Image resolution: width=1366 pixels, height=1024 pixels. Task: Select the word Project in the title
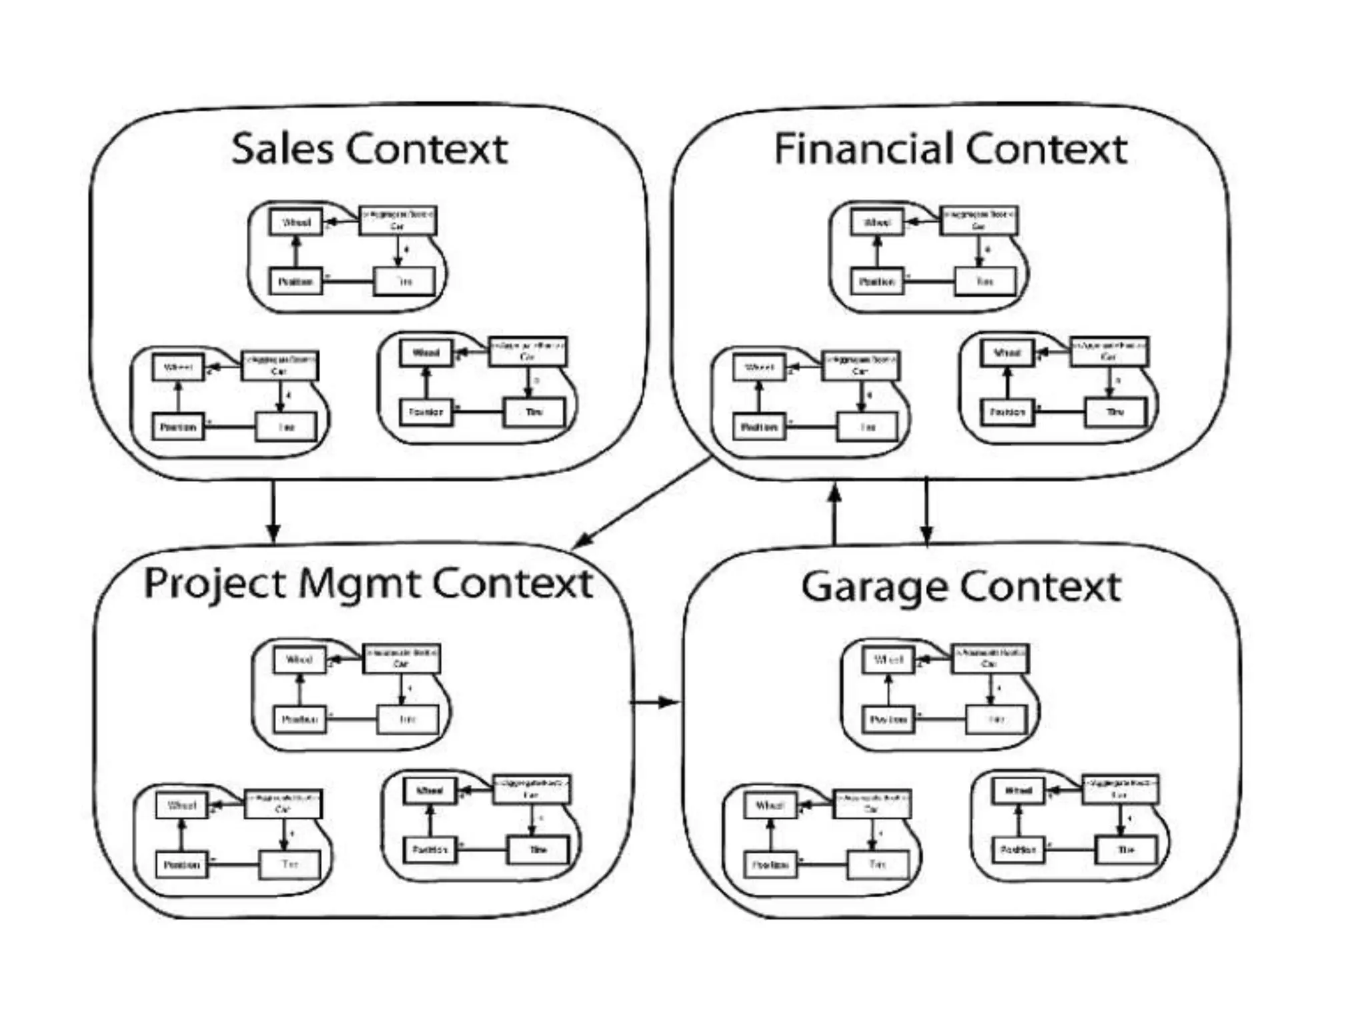(215, 585)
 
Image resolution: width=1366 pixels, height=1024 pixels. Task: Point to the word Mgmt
(359, 585)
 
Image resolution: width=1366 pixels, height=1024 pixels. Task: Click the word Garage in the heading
(874, 588)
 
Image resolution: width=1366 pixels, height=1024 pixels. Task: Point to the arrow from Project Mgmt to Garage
(655, 702)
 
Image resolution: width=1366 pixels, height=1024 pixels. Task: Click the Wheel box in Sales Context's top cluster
(296, 222)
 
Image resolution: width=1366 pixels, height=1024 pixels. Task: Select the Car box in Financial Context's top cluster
(978, 221)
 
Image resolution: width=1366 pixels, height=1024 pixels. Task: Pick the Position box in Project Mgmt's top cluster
(299, 719)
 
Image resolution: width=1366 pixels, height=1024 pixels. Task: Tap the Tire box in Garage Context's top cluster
(996, 719)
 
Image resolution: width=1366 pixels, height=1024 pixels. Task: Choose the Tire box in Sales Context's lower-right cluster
(534, 412)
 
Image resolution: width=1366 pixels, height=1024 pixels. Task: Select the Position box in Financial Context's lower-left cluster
(759, 427)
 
